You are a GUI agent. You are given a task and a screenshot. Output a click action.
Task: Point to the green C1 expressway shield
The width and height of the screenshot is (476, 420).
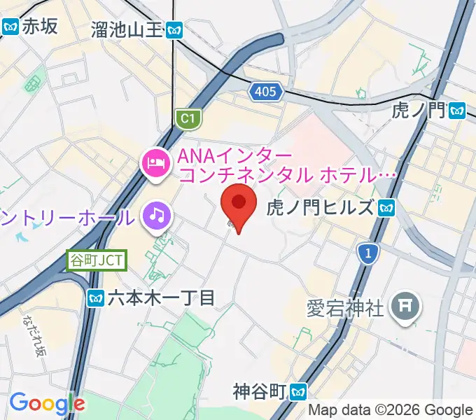click(186, 120)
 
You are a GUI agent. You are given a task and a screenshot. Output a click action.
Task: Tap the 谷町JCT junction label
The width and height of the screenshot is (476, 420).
click(97, 261)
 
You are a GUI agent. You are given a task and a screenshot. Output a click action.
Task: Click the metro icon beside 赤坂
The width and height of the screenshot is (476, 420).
click(10, 27)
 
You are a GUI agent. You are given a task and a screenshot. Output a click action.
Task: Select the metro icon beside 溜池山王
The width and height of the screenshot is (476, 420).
click(176, 29)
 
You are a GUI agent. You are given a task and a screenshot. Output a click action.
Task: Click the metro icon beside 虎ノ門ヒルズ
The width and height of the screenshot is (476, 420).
click(387, 208)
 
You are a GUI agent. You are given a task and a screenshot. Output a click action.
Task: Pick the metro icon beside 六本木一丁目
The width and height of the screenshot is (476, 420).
click(96, 299)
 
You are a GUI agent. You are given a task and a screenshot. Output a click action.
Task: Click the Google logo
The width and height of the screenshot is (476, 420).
click(47, 403)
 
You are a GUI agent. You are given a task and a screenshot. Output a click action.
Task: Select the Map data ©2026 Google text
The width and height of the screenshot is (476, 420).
click(391, 410)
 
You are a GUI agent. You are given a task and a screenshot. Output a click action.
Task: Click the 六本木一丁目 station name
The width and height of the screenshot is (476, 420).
click(160, 299)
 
